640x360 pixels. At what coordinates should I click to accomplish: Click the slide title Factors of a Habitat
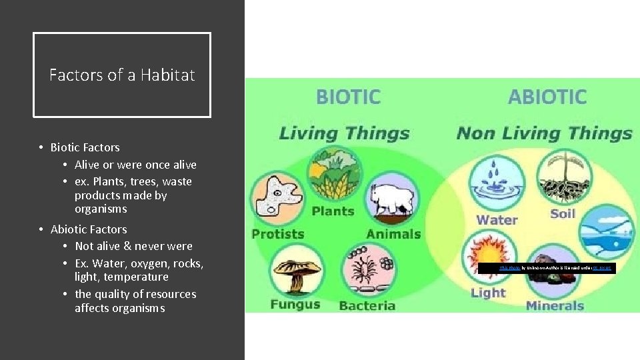[x=122, y=75]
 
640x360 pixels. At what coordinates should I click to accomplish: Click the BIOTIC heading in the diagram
[x=348, y=97]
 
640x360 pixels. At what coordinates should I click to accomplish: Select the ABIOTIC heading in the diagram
[x=547, y=97]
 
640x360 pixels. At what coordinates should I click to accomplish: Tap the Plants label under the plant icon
[x=333, y=211]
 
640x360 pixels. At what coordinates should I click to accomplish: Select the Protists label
[x=277, y=234]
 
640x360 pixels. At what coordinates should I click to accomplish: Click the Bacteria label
[x=367, y=306]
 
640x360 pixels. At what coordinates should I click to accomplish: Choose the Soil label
[x=563, y=213]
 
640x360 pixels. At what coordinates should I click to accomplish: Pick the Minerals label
[x=555, y=306]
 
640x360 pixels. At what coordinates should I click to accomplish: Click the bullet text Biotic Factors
[x=85, y=147]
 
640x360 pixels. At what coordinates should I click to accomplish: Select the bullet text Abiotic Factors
[x=89, y=229]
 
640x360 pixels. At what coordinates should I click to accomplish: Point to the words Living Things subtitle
[x=345, y=133]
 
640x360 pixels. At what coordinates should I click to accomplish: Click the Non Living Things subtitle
[x=544, y=133]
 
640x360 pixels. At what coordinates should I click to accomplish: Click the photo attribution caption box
[x=547, y=268]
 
